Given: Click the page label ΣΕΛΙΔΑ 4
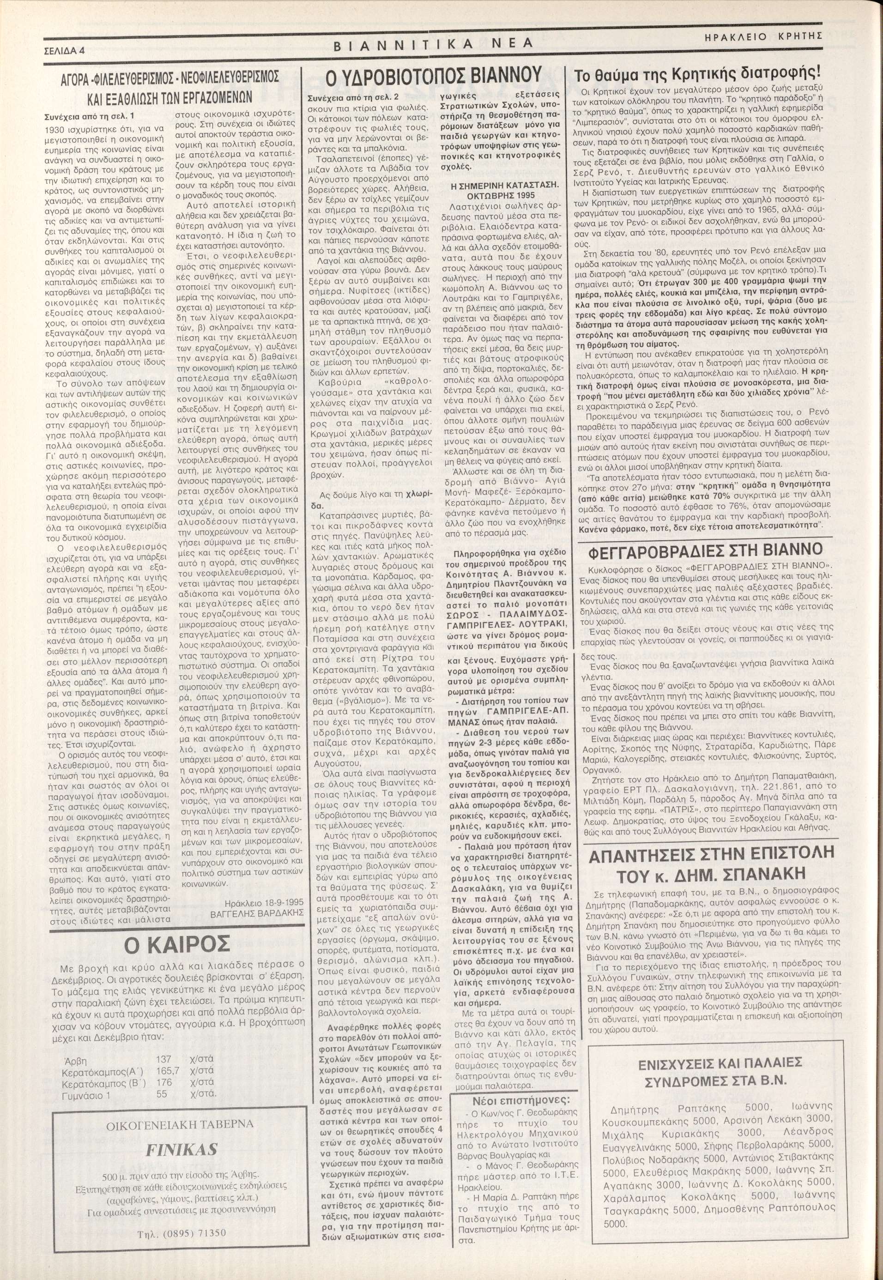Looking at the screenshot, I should pos(64,50).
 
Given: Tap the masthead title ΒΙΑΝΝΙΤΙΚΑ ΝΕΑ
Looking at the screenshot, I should pos(433,44).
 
